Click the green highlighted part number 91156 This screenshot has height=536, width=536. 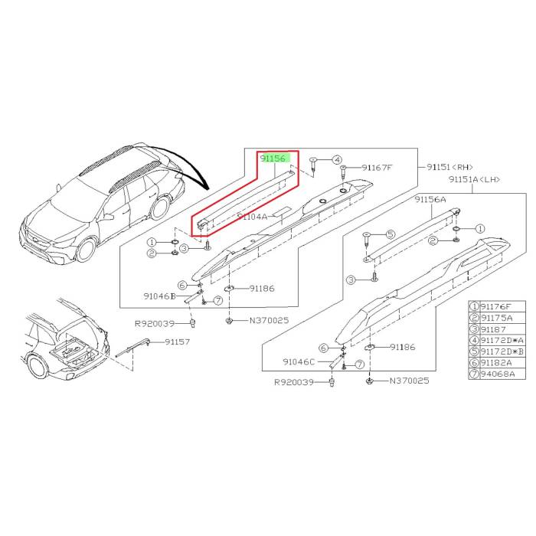(273, 159)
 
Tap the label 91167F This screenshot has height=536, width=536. (377, 168)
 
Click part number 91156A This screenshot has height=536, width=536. (430, 199)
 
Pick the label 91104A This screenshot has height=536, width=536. (253, 217)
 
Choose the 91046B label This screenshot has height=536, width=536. (160, 295)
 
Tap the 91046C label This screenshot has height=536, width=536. (299, 360)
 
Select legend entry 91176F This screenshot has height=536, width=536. (501, 306)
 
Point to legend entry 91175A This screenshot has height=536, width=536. (501, 318)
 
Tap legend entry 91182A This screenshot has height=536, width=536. (501, 362)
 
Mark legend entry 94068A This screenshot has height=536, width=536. (501, 373)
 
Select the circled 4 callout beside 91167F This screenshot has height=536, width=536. (335, 159)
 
